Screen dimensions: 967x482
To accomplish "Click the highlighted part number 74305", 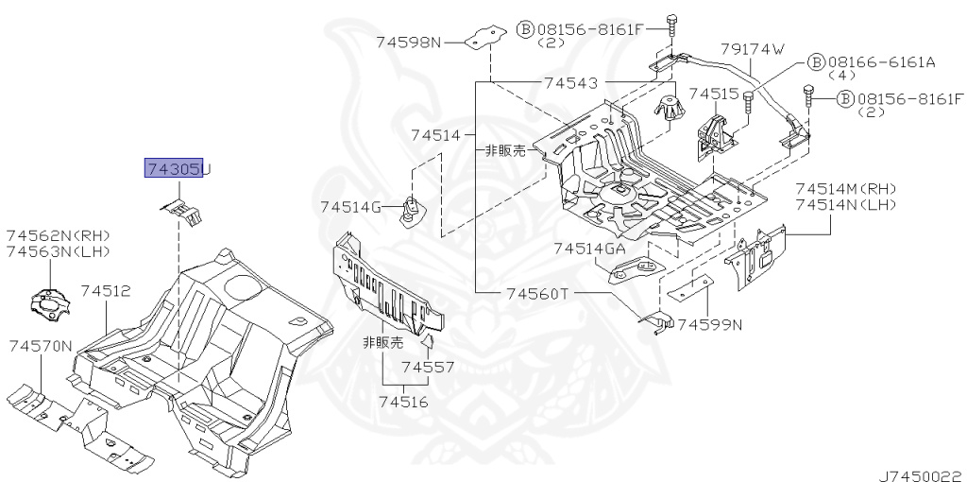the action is pos(174,168).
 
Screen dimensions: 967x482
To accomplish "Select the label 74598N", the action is pos(409,43).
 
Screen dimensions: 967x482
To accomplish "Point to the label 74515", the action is pos(714,94).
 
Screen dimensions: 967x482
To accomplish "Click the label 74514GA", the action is pos(589,249).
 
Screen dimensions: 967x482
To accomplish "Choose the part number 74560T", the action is pos(536,294).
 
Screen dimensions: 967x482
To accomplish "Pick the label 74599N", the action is pos(710,324).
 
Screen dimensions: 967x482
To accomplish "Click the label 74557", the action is pos(428,368).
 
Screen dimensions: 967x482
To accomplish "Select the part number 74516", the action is pos(403,403).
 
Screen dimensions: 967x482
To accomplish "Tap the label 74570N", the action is pos(40,347).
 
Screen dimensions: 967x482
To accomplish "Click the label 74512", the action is pos(106,291).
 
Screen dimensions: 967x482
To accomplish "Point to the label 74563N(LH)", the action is pos(58,251).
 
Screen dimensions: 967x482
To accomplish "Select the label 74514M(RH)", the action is pos(846,189).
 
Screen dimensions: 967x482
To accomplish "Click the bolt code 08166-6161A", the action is pos(882,61).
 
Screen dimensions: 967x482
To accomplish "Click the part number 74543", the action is pos(570,82).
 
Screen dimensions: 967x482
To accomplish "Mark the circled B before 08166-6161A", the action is pos(817,62).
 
